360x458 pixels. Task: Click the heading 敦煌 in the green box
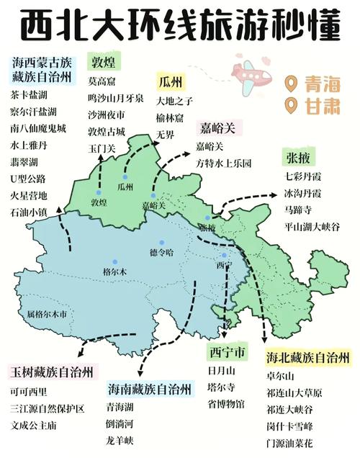(105, 60)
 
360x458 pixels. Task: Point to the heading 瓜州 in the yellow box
(172, 80)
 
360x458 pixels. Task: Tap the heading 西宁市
(226, 353)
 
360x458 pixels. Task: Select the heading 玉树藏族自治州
(51, 372)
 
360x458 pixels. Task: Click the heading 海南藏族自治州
(150, 389)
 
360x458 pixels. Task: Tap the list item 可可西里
(29, 392)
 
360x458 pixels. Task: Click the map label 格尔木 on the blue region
(114, 271)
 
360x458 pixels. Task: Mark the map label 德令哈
(161, 252)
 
